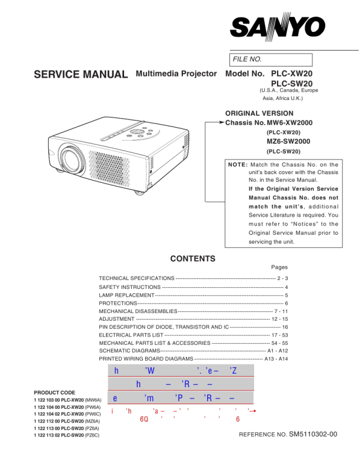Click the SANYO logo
[x=277, y=26]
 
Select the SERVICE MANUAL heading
[x=81, y=75]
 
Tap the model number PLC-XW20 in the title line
[x=292, y=74]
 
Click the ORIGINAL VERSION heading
[x=259, y=113]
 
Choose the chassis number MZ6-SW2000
[x=288, y=141]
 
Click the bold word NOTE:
[x=238, y=165]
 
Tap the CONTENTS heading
[x=192, y=259]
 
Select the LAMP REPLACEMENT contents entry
[x=126, y=294]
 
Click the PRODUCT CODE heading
[x=55, y=392]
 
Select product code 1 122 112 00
[x=50, y=421]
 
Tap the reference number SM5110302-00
[x=313, y=435]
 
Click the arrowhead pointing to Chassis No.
[x=222, y=123]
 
